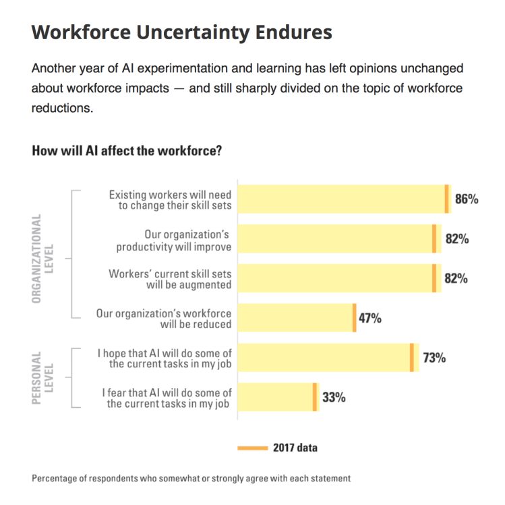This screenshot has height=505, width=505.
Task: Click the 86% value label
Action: tap(467, 199)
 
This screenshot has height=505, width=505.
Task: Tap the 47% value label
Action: tap(369, 318)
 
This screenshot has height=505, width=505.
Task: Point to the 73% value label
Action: tap(434, 358)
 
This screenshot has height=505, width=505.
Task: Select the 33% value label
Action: tap(334, 397)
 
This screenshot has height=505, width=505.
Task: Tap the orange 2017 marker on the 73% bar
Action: tap(411, 358)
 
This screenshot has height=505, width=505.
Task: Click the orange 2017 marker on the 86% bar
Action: tap(446, 199)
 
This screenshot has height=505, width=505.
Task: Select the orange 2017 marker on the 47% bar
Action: tap(354, 318)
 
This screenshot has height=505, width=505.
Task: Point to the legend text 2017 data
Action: tap(295, 448)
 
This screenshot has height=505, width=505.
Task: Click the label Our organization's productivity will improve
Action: tap(183, 240)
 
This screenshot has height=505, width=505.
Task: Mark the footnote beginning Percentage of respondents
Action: tap(191, 479)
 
